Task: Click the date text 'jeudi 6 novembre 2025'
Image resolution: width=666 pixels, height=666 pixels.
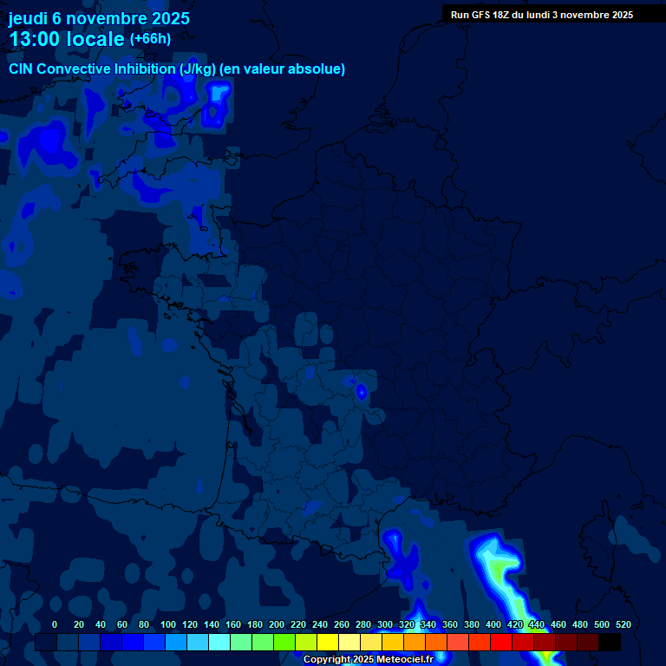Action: (x=99, y=18)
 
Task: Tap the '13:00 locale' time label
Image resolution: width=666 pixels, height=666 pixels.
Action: (x=67, y=39)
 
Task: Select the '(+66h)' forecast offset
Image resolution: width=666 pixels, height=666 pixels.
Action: (x=150, y=39)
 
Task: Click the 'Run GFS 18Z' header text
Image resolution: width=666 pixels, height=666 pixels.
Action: (x=486, y=15)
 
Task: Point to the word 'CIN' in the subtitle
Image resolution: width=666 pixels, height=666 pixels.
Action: (x=21, y=69)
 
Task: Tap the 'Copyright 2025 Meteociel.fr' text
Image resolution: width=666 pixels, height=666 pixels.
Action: (x=368, y=660)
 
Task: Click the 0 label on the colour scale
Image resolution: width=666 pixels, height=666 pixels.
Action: (x=55, y=624)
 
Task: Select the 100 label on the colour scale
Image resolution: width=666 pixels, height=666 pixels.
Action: (x=168, y=624)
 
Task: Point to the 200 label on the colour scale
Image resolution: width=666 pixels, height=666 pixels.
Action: (x=277, y=624)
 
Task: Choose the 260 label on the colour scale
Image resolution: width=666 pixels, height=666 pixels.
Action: (x=342, y=624)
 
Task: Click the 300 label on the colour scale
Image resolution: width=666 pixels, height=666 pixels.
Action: (x=385, y=624)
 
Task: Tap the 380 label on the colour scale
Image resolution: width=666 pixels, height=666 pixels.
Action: (x=472, y=624)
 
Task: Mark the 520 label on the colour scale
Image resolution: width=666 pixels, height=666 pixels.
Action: (x=623, y=624)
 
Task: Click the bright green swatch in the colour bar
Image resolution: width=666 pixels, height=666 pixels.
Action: (x=284, y=642)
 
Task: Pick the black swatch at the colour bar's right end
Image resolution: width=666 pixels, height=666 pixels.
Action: (x=610, y=642)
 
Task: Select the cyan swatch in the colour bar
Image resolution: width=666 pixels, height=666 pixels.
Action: (x=219, y=642)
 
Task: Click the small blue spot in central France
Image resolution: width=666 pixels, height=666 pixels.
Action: (x=361, y=392)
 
